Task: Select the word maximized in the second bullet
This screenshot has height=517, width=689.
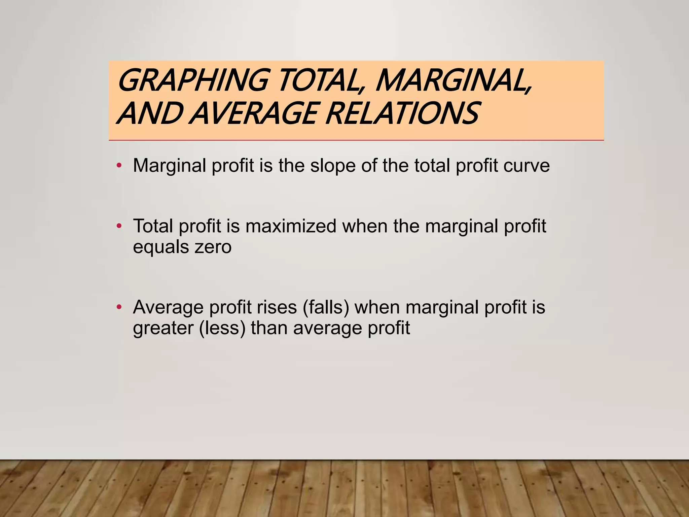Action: point(291,226)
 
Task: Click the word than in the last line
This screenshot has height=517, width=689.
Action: point(269,328)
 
